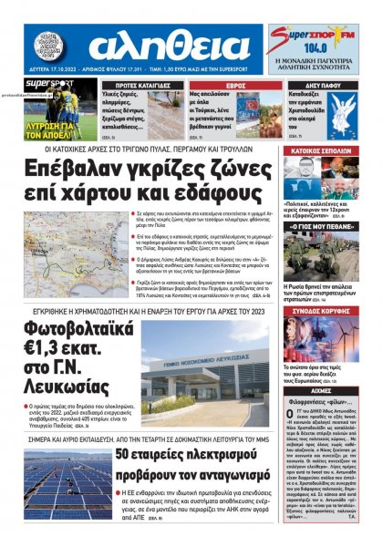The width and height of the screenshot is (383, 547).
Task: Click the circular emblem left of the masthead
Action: point(49,46)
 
